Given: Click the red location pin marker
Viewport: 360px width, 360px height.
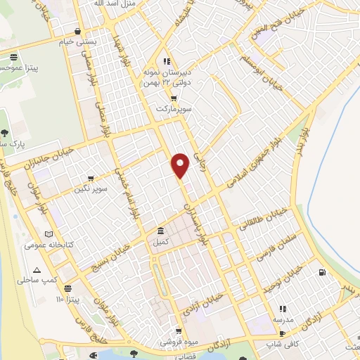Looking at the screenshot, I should (x=181, y=165).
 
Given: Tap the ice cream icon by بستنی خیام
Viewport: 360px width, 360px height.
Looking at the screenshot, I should (x=76, y=31).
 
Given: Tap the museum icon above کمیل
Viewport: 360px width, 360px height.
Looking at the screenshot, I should (x=161, y=231).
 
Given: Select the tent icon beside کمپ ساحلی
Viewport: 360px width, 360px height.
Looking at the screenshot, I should (x=37, y=270).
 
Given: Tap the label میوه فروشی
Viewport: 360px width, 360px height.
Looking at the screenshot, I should (x=179, y=342).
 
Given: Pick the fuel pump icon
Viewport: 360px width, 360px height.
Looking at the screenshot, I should (x=321, y=272).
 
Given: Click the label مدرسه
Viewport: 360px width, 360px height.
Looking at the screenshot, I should (x=283, y=319).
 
